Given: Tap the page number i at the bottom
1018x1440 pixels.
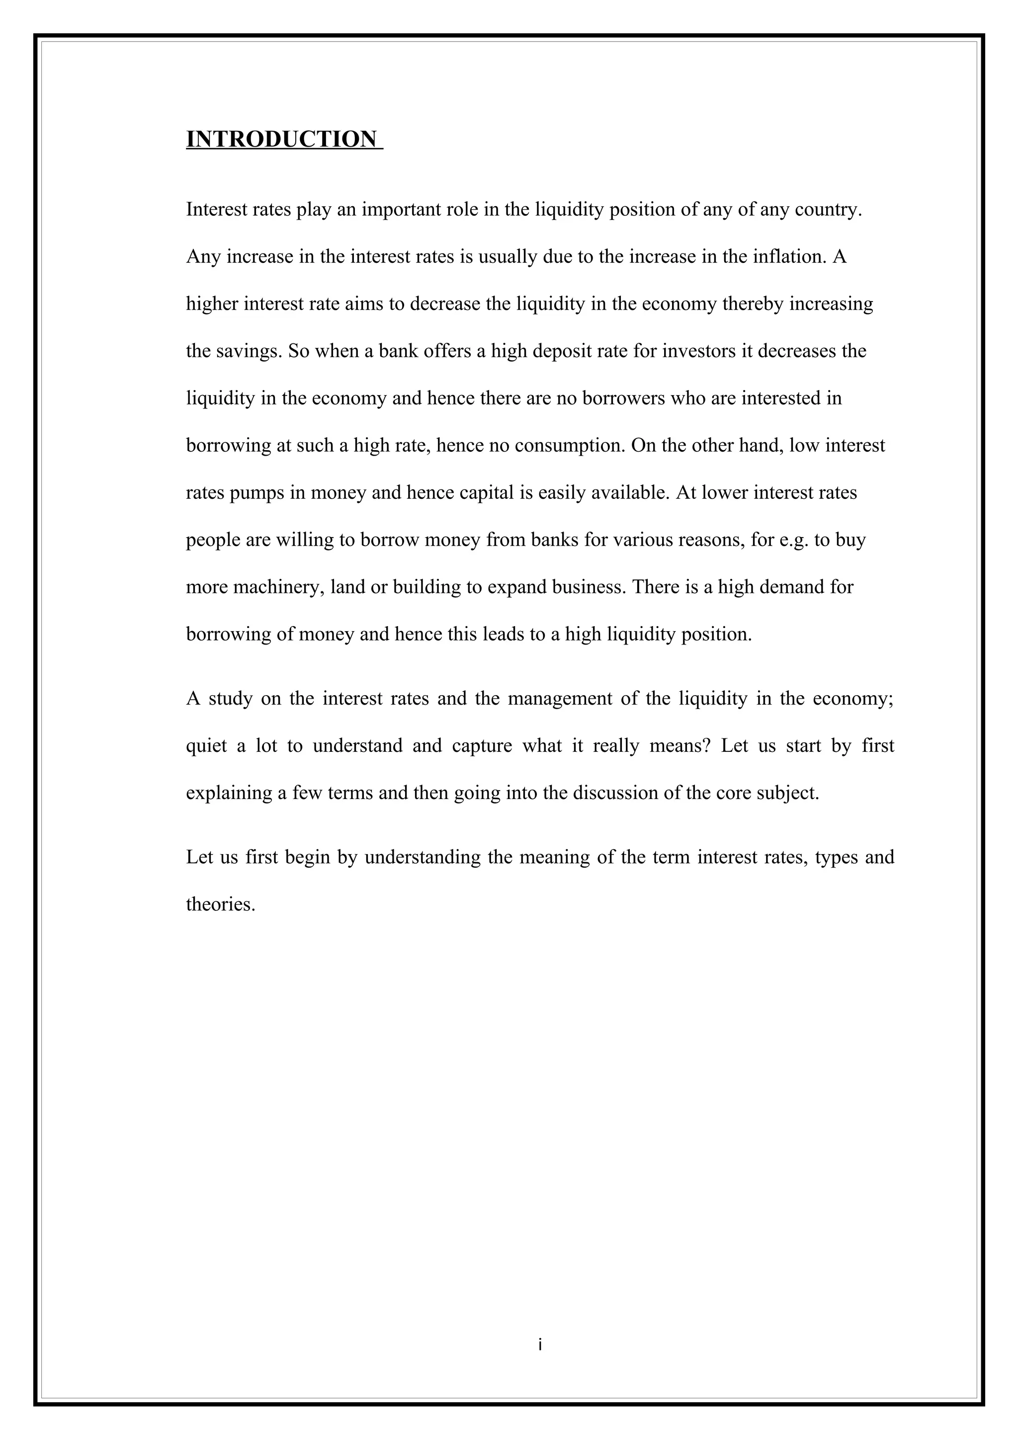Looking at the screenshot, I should point(539,1345).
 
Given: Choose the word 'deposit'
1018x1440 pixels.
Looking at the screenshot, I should point(562,351).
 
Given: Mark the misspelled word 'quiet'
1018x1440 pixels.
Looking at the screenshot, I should point(206,746).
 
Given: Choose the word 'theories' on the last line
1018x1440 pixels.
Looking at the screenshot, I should point(220,904).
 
